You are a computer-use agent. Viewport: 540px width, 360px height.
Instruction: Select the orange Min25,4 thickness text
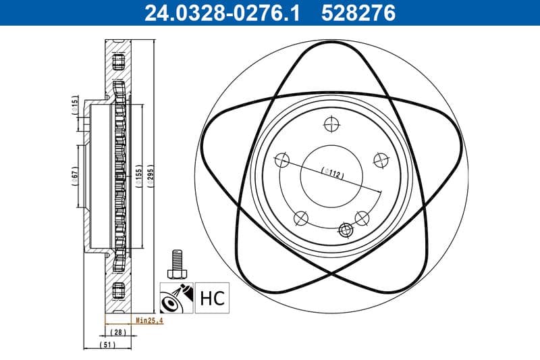click(149, 320)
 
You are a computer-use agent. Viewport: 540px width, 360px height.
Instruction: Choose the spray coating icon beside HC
click(175, 297)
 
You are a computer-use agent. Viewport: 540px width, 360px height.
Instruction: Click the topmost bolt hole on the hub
click(331, 124)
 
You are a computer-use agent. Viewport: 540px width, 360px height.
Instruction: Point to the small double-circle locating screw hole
click(346, 230)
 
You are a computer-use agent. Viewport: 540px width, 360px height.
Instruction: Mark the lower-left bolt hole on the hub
click(301, 218)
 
